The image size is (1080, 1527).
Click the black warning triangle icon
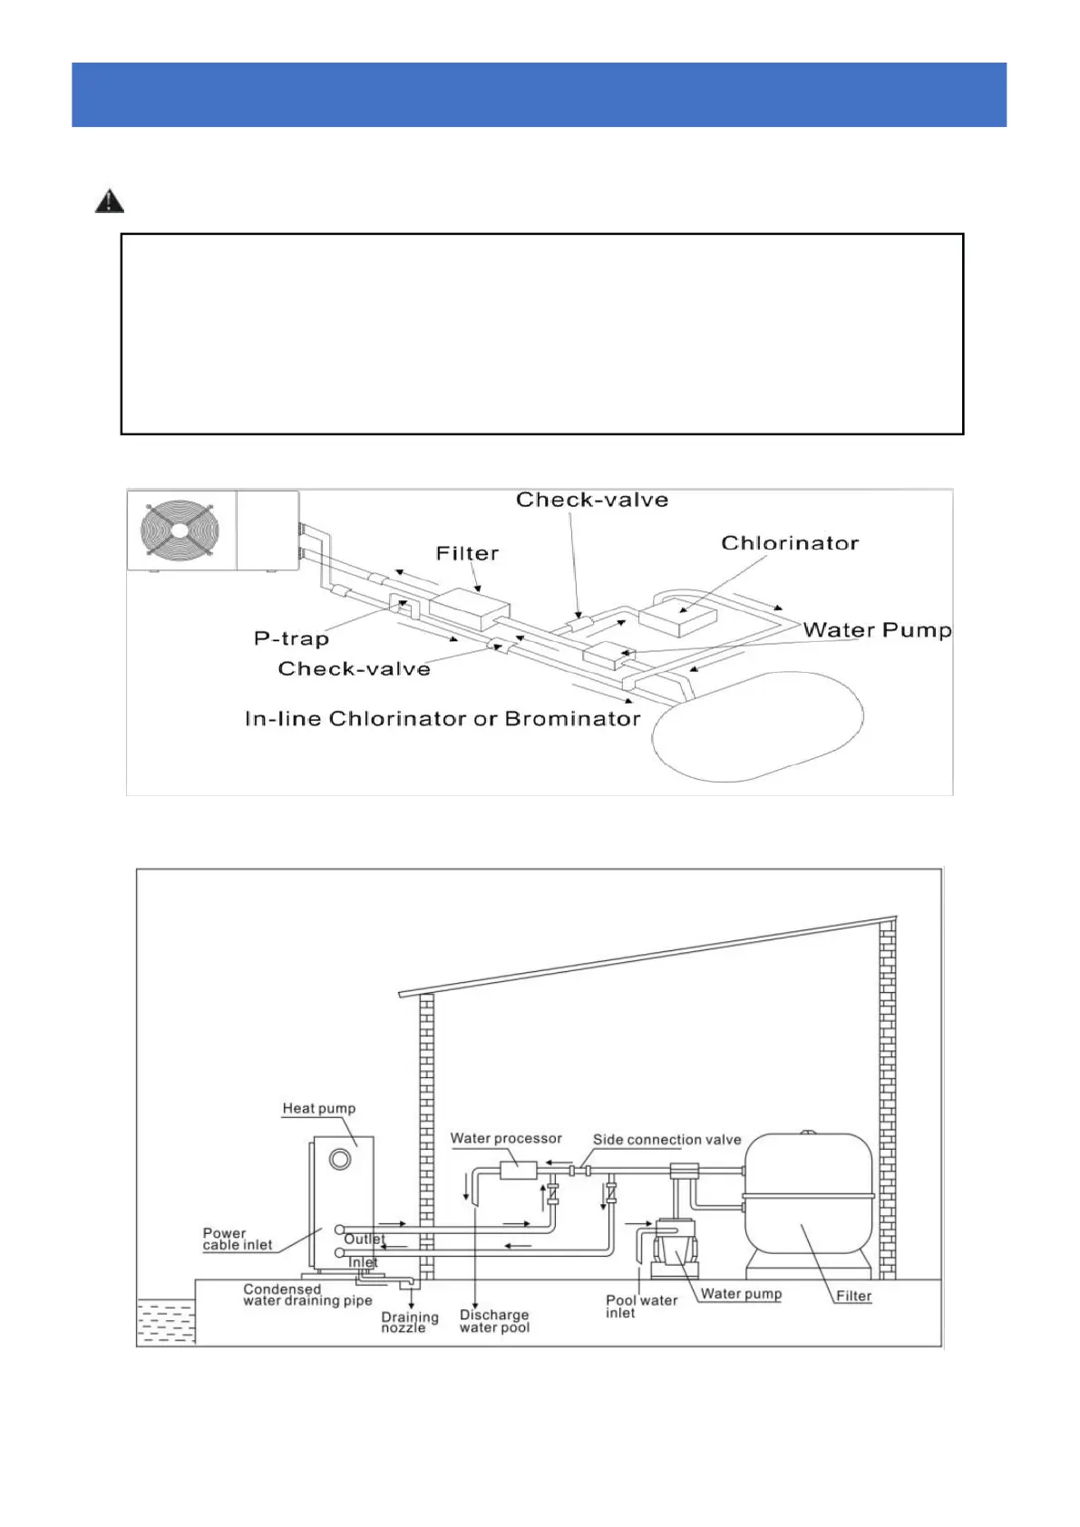[x=110, y=200]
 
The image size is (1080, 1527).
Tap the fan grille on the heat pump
[x=180, y=530]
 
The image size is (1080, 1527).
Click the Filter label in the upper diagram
[x=467, y=553]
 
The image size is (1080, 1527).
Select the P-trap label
[x=291, y=638]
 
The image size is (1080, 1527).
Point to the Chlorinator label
[x=789, y=543]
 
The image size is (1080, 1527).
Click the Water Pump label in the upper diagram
[x=877, y=630]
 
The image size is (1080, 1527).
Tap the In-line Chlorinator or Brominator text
[x=443, y=719]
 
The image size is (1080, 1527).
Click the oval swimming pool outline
[x=757, y=725]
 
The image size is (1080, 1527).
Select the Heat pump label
[x=318, y=1108]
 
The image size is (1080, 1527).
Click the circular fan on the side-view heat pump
[x=340, y=1159]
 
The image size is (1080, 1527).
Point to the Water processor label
[x=506, y=1138]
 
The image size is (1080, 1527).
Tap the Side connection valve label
[x=666, y=1140]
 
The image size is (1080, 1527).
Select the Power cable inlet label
[x=237, y=1239]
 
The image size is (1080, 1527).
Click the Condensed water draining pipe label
[x=307, y=1295]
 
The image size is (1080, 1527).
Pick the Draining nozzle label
[x=409, y=1322]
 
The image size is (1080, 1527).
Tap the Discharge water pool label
[x=494, y=1321]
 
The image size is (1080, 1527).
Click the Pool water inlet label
[x=640, y=1307]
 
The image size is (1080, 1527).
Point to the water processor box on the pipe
[x=519, y=1170]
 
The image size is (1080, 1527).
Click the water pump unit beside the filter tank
[x=675, y=1242]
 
